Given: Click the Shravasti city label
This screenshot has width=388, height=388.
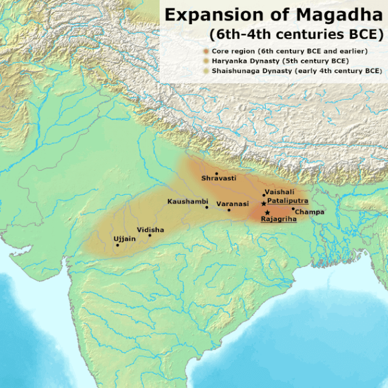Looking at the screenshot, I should click(218, 178).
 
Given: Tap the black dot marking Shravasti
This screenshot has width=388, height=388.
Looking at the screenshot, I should click(217, 173).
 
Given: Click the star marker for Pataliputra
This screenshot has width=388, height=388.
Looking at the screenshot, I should click(264, 203).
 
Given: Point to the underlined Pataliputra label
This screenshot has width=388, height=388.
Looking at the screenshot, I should click(287, 201).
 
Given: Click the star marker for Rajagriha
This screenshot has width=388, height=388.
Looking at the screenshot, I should click(267, 212).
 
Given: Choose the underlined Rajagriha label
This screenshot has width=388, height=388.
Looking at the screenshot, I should click(278, 219).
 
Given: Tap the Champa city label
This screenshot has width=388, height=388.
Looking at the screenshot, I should click(309, 212).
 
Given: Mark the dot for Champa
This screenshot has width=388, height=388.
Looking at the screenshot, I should click(293, 208).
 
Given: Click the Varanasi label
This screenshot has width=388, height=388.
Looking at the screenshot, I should click(232, 204).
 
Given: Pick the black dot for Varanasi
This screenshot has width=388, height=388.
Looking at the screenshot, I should click(229, 210).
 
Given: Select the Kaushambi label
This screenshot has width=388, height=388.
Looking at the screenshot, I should click(187, 202).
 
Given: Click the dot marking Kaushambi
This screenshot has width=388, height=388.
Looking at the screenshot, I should click(207, 207).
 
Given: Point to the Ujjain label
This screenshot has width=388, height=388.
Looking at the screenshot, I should click(124, 239).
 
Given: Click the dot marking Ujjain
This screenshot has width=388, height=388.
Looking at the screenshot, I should click(117, 245).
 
